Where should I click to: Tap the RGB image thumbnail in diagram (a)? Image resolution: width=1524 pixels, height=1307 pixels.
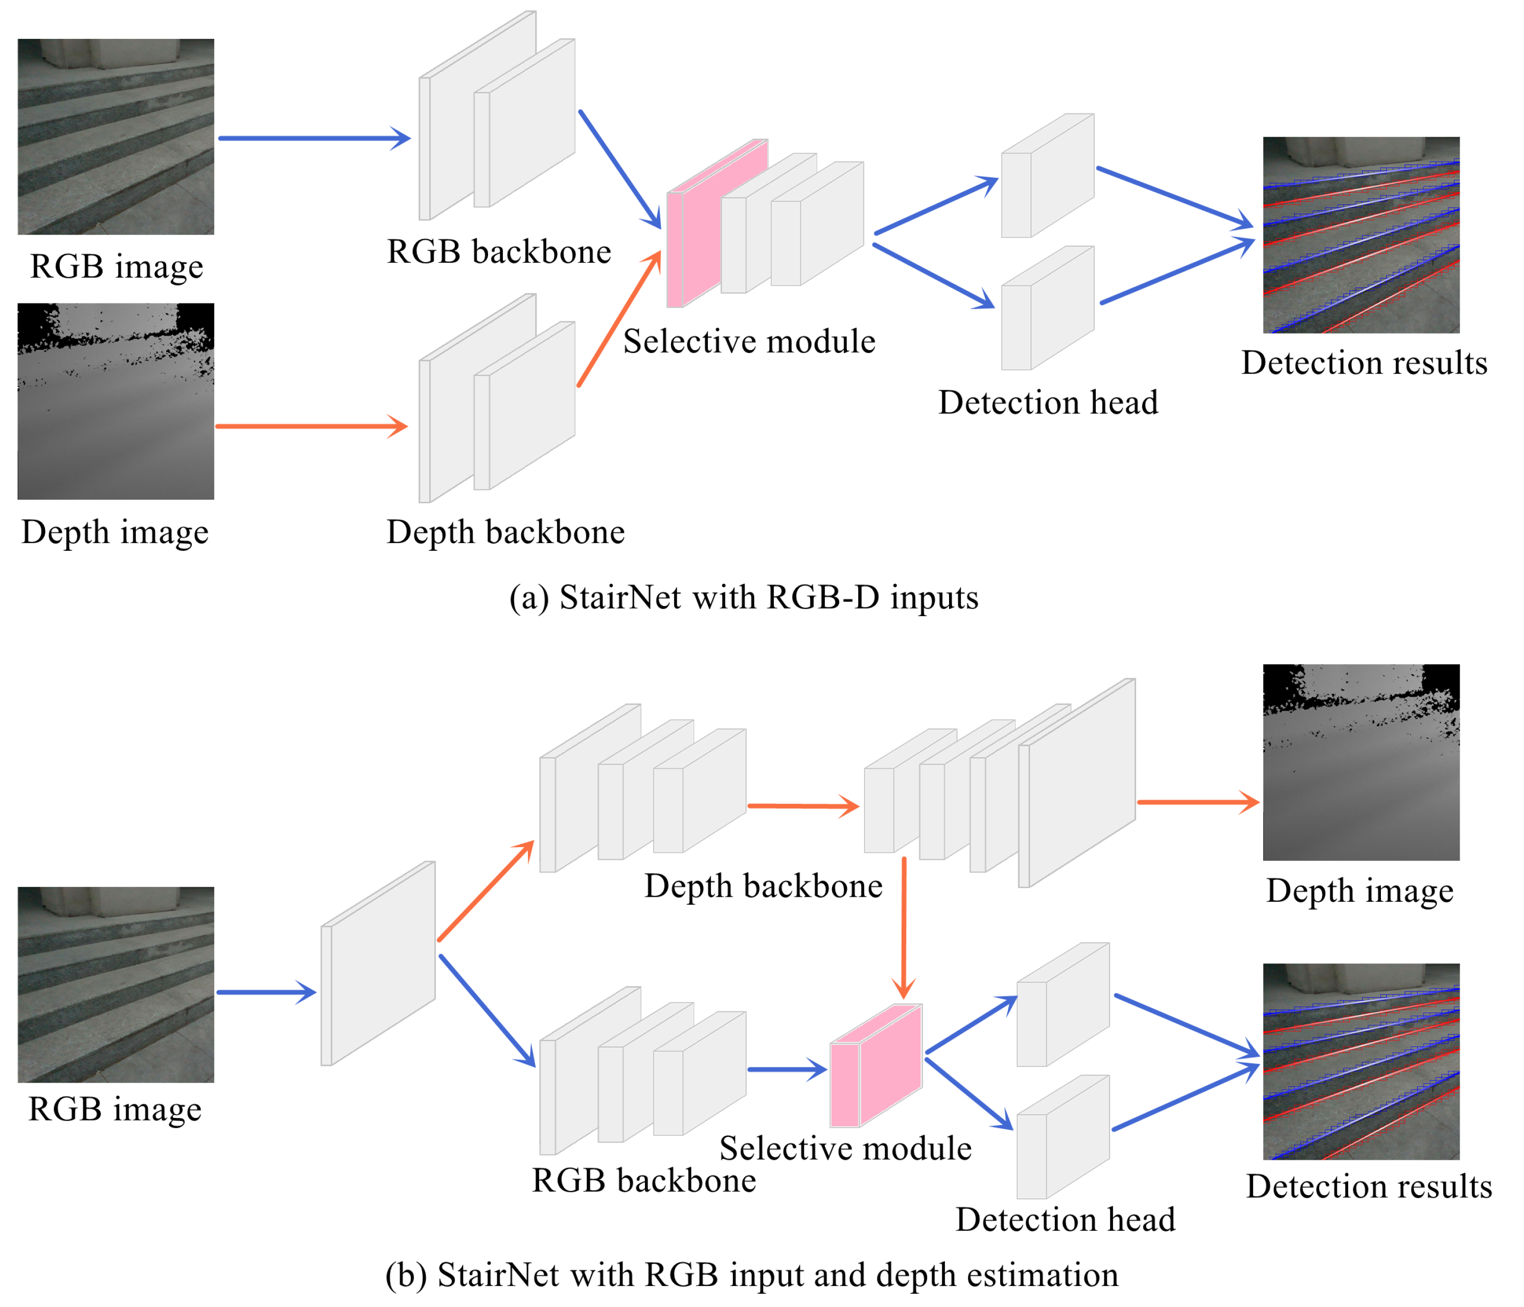click(116, 137)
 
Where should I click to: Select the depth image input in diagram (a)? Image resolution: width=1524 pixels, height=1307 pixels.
click(116, 402)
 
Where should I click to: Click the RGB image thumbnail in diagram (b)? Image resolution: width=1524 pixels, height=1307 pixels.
click(116, 985)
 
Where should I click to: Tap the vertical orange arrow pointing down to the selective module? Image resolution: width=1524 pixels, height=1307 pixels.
click(904, 927)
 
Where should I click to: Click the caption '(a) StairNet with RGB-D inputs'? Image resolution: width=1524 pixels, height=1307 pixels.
click(744, 597)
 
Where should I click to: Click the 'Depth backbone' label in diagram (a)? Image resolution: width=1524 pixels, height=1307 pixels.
click(506, 532)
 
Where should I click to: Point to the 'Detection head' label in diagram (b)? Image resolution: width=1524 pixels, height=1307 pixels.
click(1065, 1220)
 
